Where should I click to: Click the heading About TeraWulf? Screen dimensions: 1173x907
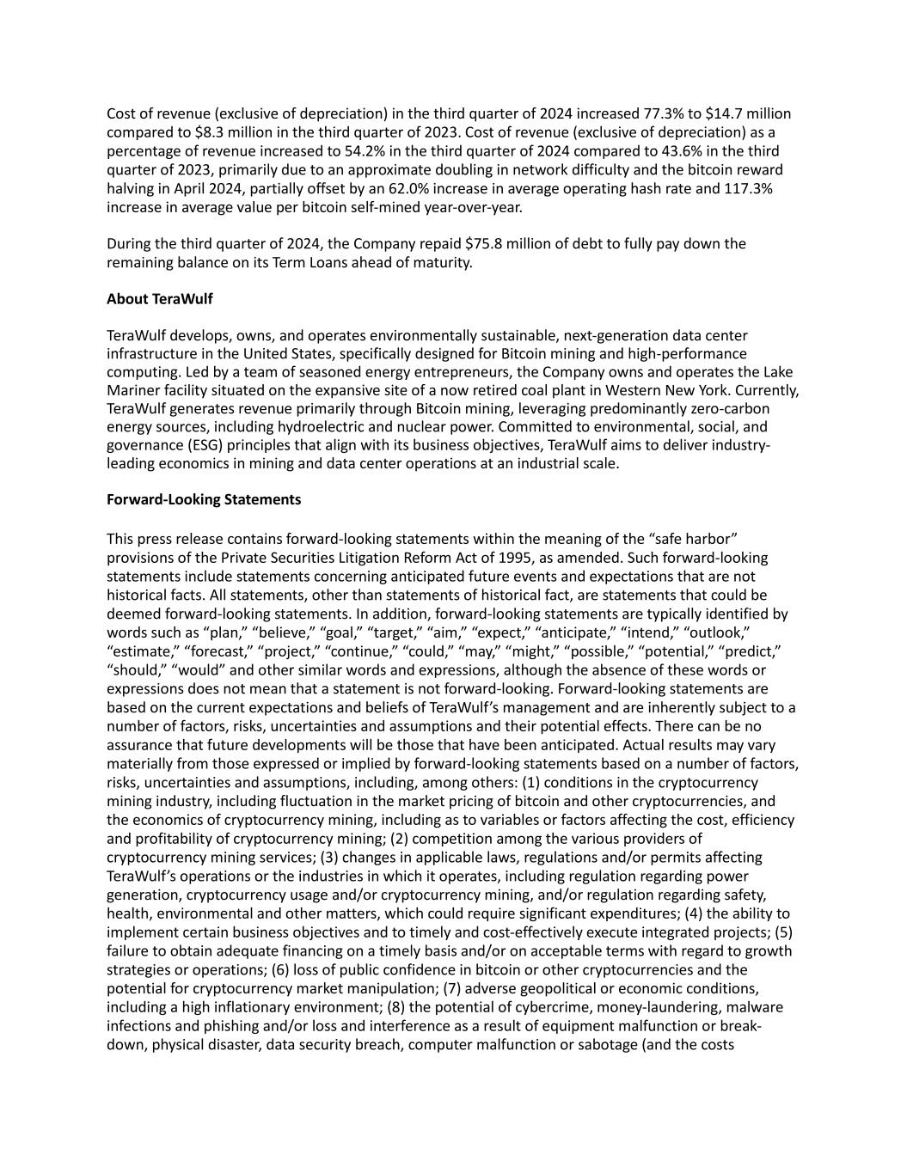[x=159, y=299]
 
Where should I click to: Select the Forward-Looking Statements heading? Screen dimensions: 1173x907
[x=204, y=499]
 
